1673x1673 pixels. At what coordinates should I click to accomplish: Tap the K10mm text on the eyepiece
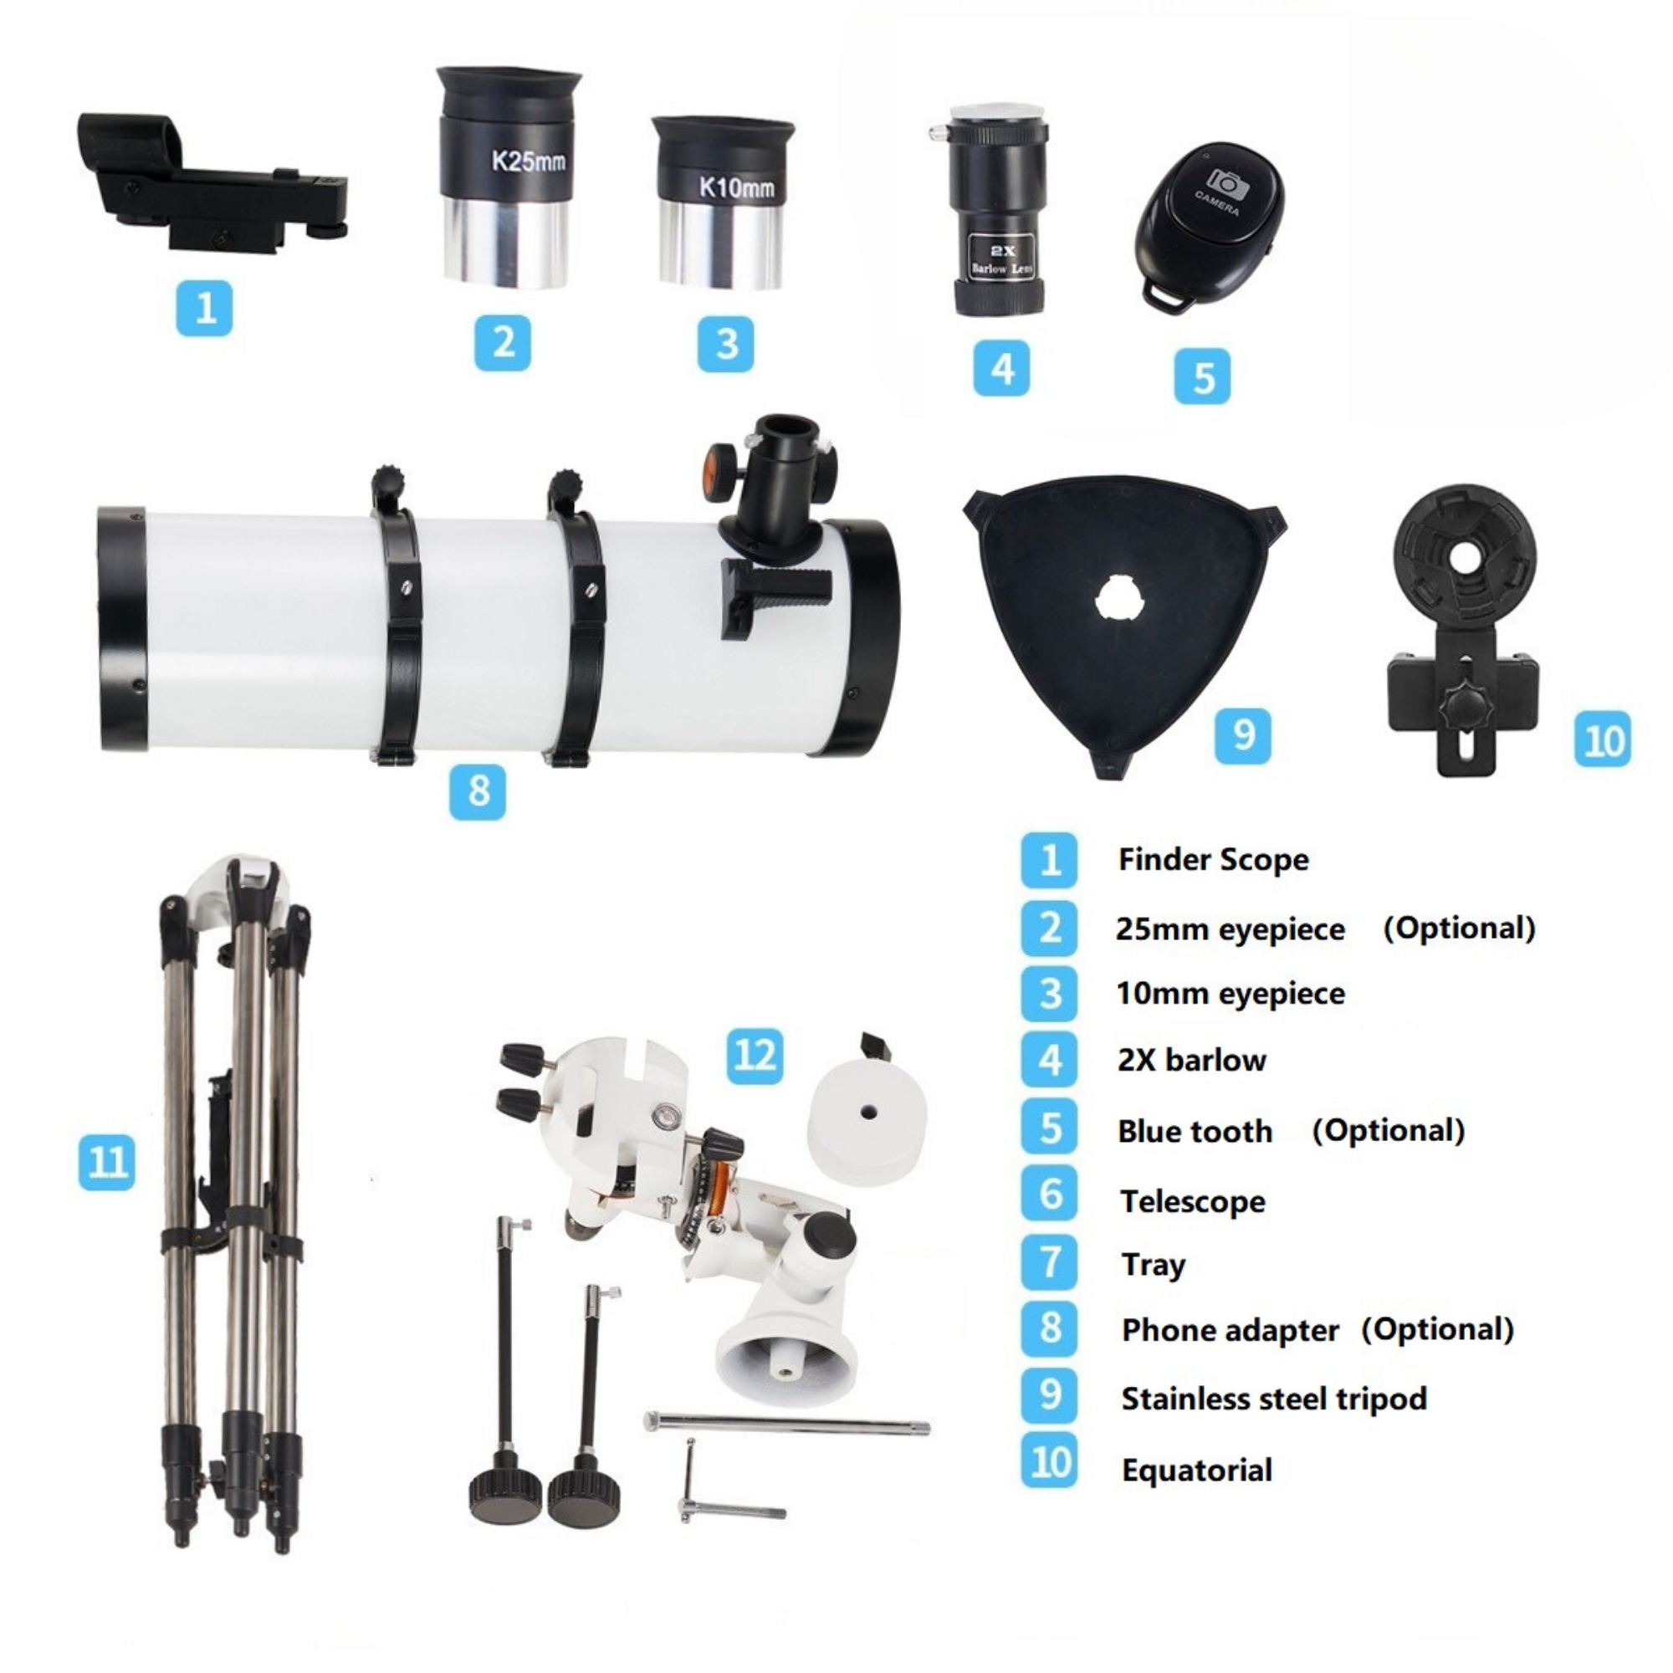(x=737, y=187)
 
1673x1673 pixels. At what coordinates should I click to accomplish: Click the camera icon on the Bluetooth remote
(x=1226, y=184)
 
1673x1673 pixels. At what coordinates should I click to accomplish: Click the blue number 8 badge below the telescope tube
(x=478, y=791)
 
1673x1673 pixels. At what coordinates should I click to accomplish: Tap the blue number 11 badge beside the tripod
(x=107, y=1161)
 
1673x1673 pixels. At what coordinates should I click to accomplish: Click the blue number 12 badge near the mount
(x=755, y=1056)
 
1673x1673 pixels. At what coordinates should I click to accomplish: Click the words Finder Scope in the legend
(x=1213, y=860)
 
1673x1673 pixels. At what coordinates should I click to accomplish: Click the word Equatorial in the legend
(x=1197, y=1471)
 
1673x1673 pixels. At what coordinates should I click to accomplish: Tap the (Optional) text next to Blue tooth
(x=1388, y=1131)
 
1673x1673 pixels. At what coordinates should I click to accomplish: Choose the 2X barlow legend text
(x=1191, y=1061)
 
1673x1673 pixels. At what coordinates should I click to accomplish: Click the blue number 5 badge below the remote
(x=1203, y=376)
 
